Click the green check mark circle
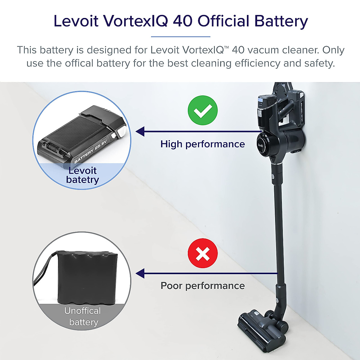point(202,110)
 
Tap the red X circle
point(202,253)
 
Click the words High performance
point(202,144)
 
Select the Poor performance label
point(202,286)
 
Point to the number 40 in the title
point(183,21)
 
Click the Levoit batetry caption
point(82,175)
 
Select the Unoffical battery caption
point(83,316)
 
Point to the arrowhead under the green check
point(140,131)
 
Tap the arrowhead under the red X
point(140,274)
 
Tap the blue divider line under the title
point(181,37)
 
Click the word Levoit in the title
point(76,21)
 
